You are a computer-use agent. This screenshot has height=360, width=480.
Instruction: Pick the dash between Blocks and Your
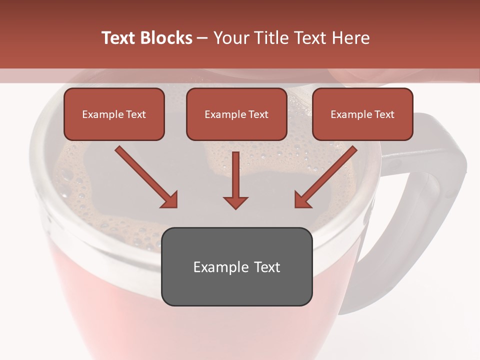click(203, 38)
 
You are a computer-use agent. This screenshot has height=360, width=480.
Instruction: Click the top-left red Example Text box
click(114, 114)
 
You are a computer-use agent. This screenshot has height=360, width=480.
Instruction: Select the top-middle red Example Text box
click(236, 114)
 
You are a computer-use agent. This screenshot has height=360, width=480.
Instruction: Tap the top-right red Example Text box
click(362, 114)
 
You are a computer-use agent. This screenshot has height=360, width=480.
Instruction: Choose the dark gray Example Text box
click(236, 266)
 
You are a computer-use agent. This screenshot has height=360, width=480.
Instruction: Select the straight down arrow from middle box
click(235, 177)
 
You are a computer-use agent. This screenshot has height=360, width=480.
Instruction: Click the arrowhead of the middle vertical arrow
click(235, 201)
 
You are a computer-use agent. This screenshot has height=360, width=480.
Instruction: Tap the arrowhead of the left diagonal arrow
click(170, 200)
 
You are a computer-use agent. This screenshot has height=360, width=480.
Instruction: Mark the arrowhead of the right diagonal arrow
click(302, 200)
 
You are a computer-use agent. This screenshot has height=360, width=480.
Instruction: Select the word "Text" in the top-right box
click(384, 114)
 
